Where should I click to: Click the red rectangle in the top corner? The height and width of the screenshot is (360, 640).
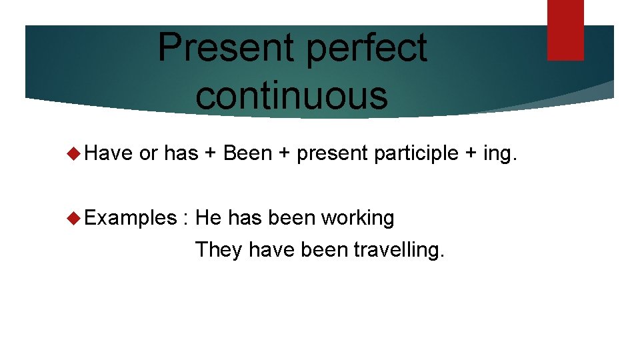pos(565,29)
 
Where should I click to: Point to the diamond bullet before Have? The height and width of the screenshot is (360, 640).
pos(75,154)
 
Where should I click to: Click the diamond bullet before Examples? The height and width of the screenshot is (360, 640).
pos(75,218)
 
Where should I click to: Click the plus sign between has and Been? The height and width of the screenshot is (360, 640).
pos(211,154)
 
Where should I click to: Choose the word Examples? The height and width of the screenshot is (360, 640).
pos(130,218)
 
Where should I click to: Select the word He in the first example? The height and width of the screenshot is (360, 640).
pos(208,217)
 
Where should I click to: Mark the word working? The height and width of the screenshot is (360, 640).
pos(358,218)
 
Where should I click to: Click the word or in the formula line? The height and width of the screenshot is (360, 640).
pos(148,154)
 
